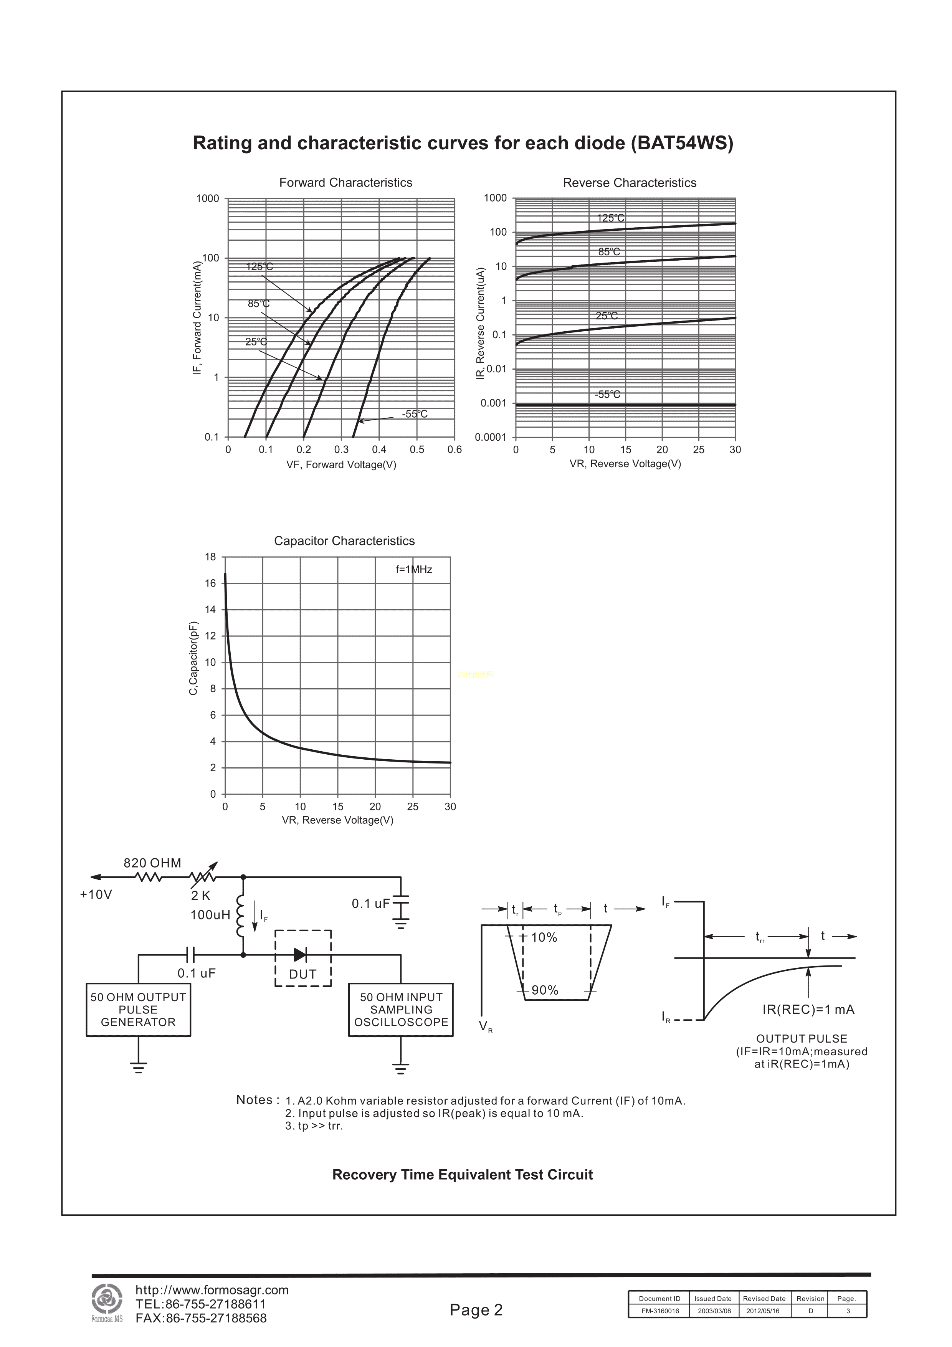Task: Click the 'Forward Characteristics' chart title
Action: coord(345,182)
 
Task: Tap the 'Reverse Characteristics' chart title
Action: coord(630,182)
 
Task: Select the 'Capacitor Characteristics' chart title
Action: coord(344,541)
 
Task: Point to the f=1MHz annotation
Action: coord(414,569)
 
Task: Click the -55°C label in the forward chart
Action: coord(415,414)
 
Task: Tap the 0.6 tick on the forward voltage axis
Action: coord(455,450)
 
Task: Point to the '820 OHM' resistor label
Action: coord(152,863)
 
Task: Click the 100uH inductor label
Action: coord(210,915)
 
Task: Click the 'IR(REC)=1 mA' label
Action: coord(808,1009)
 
